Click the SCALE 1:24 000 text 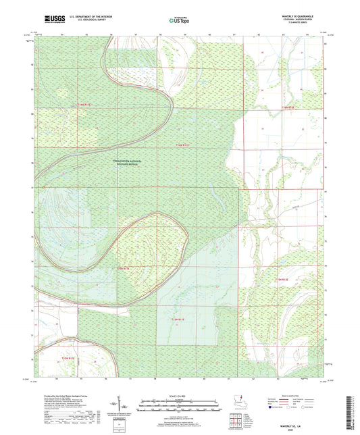pos(180,396)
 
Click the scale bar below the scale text pos(180,406)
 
